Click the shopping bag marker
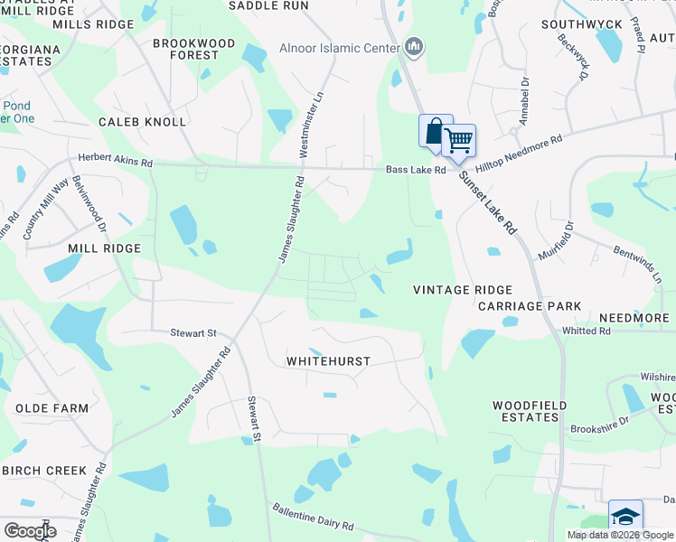pyautogui.click(x=435, y=130)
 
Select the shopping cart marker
pyautogui.click(x=459, y=140)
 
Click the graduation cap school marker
pyautogui.click(x=624, y=517)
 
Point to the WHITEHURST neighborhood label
pyautogui.click(x=328, y=361)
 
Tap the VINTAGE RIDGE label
pyautogui.click(x=463, y=290)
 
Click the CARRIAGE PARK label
pyautogui.click(x=530, y=307)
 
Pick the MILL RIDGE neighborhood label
pyautogui.click(x=105, y=248)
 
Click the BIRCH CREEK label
pyautogui.click(x=44, y=471)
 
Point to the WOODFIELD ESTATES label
pyautogui.click(x=525, y=412)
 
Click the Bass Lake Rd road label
pyautogui.click(x=416, y=170)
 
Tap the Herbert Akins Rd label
pyautogui.click(x=115, y=158)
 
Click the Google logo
pyautogui.click(x=30, y=531)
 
